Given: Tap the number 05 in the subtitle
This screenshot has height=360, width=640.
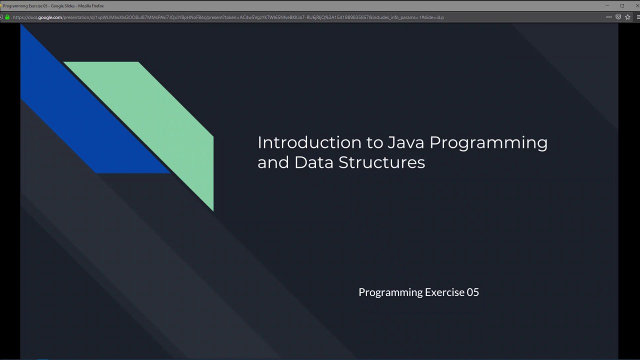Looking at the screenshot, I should pyautogui.click(x=472, y=292).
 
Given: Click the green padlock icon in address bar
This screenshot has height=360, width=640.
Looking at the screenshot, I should pyautogui.click(x=7, y=17).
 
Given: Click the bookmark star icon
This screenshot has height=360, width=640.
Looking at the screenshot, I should pyautogui.click(x=627, y=17).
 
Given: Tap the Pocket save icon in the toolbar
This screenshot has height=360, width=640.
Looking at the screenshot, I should pyautogui.click(x=618, y=17).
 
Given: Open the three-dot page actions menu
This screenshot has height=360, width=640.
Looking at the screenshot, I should pyautogui.click(x=608, y=17).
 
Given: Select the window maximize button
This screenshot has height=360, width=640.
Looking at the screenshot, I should pyautogui.click(x=622, y=5).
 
